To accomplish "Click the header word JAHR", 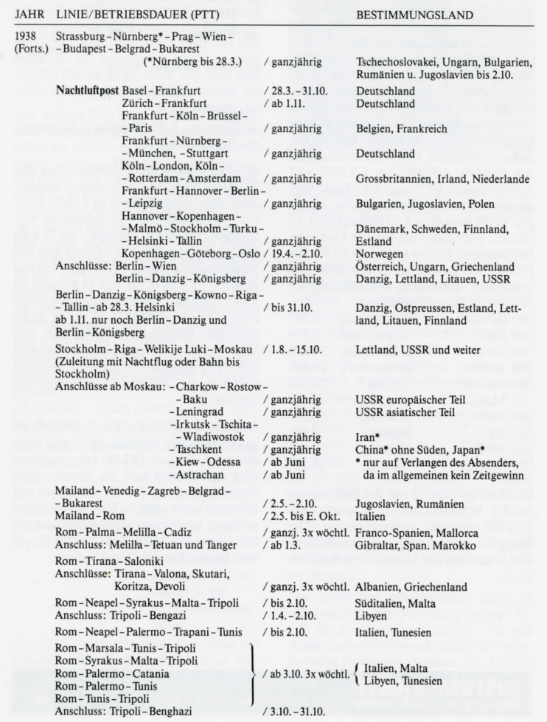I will pyautogui.click(x=27, y=15).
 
